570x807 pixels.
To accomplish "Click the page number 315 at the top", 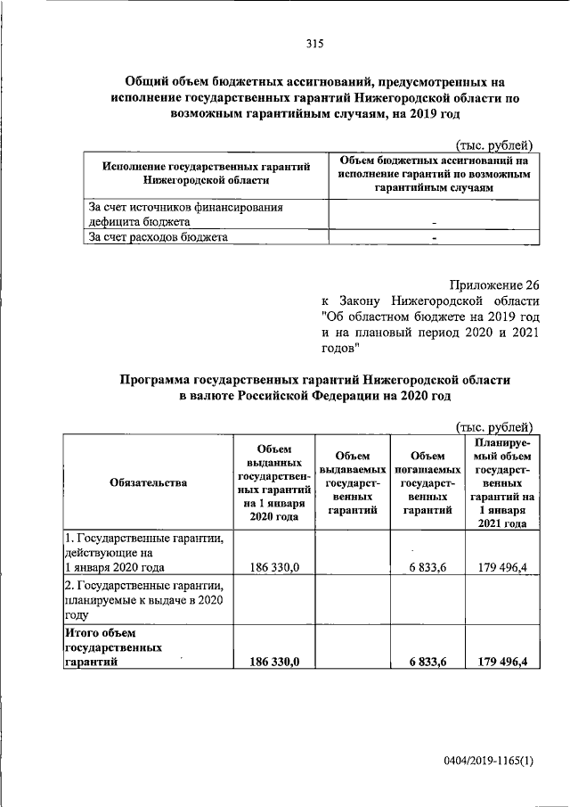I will (313, 44).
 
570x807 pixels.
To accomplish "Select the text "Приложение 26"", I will (495, 285).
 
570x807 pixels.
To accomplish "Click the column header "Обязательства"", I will (149, 482).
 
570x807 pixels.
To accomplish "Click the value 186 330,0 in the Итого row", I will (277, 660).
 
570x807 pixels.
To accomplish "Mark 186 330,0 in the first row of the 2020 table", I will (277, 566).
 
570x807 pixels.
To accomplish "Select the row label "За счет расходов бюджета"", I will (158, 237).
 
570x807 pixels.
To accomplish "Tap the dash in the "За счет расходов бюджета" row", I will (435, 238).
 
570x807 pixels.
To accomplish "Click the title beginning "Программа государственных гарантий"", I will (315, 387).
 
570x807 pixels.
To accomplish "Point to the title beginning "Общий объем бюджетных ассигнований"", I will (315, 97).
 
